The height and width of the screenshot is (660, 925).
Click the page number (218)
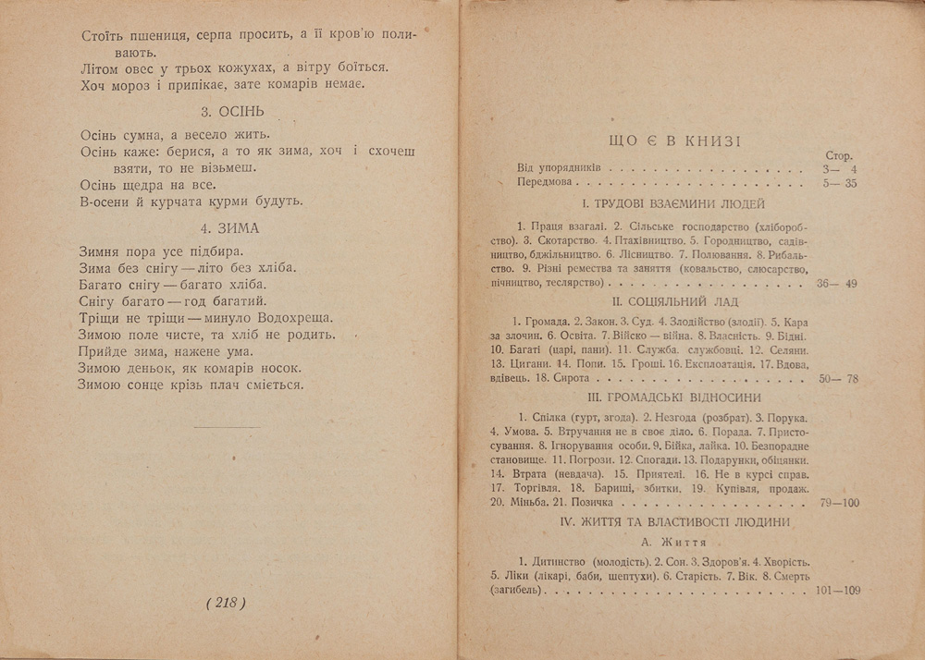225,603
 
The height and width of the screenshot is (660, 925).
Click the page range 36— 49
838,283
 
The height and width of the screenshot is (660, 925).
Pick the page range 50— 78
838,379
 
